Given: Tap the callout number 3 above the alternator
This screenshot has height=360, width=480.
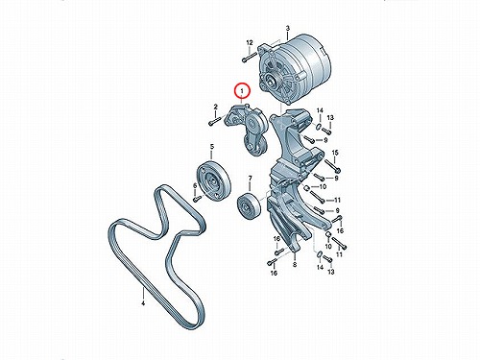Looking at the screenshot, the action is (287, 29).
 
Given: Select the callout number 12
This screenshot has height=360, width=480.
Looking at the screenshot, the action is (250, 42).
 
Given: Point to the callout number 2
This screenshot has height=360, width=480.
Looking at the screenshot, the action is (215, 107).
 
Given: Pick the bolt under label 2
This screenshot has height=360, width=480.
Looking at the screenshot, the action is (215, 121).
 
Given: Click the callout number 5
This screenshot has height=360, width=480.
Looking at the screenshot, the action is (211, 147).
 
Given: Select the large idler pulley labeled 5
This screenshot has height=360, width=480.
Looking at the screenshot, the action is (213, 181).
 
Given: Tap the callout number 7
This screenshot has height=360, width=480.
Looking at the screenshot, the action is (250, 179).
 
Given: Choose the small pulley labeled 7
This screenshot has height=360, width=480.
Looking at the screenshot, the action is (249, 207).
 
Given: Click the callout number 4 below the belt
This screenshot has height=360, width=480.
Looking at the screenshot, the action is (143, 302).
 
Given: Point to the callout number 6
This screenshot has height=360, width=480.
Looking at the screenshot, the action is (195, 185).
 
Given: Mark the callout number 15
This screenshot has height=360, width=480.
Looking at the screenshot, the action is (335, 153).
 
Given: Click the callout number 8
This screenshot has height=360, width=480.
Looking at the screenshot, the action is (295, 264).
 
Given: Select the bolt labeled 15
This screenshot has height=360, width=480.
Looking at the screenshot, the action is (333, 165).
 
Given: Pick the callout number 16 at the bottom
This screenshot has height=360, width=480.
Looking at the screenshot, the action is (274, 273).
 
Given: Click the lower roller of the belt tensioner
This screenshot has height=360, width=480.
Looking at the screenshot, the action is (255, 147).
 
